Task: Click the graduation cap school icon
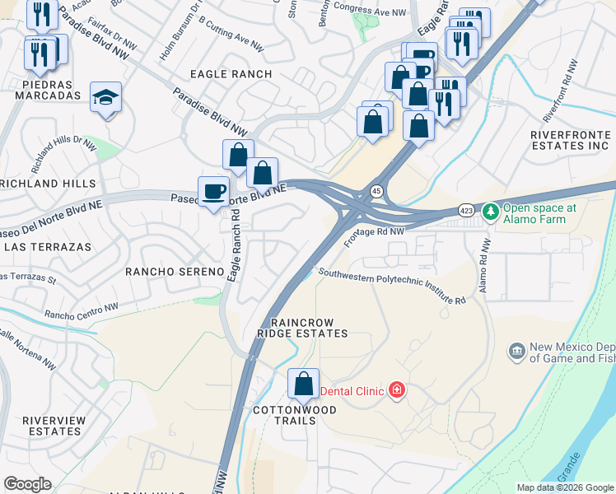click(x=105, y=97)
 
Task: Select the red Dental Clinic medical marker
click(x=397, y=389)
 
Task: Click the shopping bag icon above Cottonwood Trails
click(x=303, y=384)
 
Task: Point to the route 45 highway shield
click(x=376, y=191)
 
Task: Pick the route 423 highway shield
click(x=466, y=212)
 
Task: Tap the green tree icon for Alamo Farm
click(x=491, y=212)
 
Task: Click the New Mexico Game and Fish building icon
click(x=517, y=352)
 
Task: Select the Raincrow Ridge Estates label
click(x=302, y=328)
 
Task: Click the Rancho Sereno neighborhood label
click(x=175, y=271)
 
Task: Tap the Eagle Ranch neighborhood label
click(x=231, y=74)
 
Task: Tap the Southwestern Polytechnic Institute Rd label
click(x=392, y=287)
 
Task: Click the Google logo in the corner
click(x=27, y=484)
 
